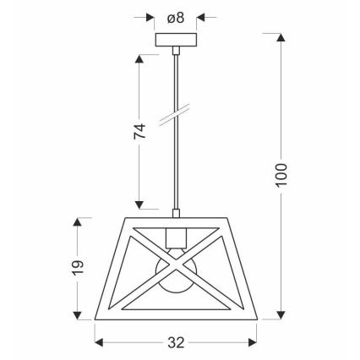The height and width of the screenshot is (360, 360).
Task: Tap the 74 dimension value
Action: pyautogui.click(x=140, y=130)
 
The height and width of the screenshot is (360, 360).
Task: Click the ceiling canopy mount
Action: pyautogui.click(x=177, y=41)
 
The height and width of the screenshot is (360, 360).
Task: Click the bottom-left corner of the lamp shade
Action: pyautogui.click(x=95, y=318)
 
